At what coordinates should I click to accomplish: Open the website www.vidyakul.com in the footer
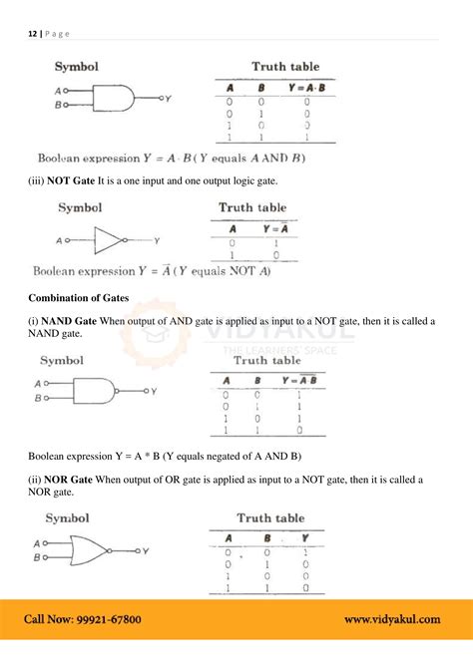point(391,619)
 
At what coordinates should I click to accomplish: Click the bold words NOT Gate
point(71,179)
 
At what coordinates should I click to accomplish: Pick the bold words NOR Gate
point(70,480)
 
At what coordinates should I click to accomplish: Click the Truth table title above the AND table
point(285,67)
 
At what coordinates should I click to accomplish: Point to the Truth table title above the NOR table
point(270,518)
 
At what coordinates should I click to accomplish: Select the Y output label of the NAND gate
point(154,391)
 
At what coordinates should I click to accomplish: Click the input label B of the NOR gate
point(37,557)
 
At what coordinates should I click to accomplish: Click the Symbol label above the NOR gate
point(68,518)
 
